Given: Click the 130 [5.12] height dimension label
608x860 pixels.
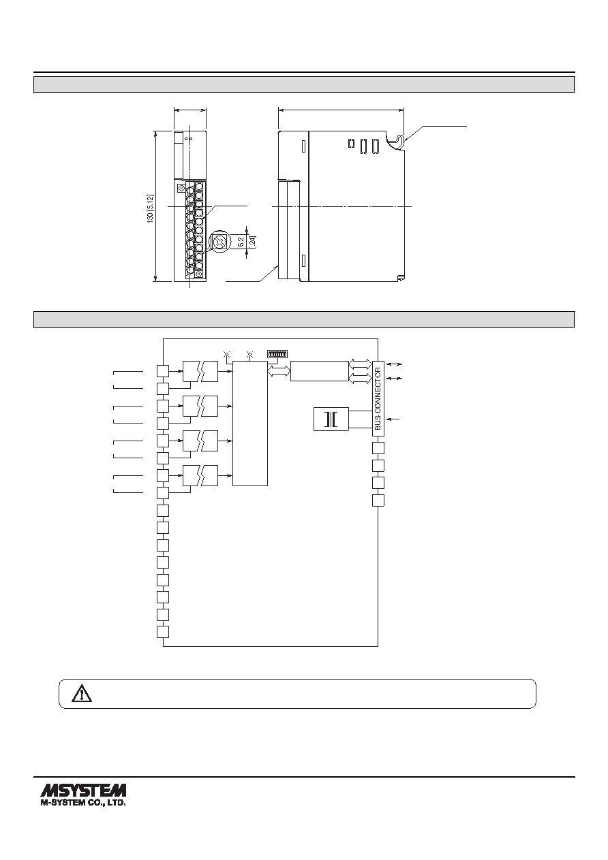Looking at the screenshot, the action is [150, 208].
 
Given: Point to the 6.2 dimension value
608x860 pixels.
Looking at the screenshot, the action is [241, 242].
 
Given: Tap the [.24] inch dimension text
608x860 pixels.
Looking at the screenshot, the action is [253, 242].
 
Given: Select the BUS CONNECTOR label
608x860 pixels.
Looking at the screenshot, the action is [378, 398].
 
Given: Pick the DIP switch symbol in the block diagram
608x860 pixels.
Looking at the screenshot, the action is [277, 353].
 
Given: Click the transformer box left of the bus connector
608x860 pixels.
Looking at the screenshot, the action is [331, 419].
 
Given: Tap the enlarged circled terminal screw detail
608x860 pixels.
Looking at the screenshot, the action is [219, 242].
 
